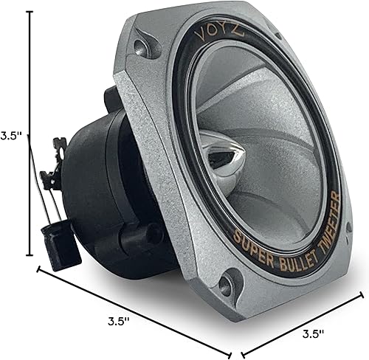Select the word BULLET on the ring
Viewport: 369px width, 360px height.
pos(289,233)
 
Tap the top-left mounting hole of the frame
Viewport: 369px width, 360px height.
pos(140,49)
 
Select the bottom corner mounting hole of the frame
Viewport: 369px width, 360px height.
pos(228,283)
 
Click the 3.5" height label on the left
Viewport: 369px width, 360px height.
pos(10,136)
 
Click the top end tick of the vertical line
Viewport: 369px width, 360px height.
pos(30,13)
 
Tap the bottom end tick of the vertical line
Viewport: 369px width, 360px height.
pos(30,255)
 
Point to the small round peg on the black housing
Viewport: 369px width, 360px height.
pos(154,235)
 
